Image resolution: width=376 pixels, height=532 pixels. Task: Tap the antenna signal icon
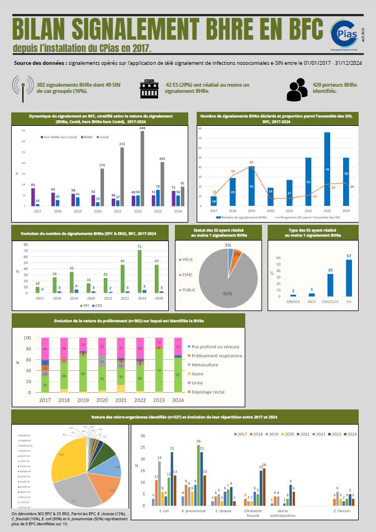[22, 88]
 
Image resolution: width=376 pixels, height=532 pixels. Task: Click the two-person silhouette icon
[297, 88]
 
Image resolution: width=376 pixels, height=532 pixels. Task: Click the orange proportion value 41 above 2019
[251, 162]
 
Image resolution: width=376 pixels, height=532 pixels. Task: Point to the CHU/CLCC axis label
[330, 300]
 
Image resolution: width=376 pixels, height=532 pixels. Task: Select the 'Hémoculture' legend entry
[206, 365]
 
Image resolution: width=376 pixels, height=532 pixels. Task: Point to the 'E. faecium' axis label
[342, 511]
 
